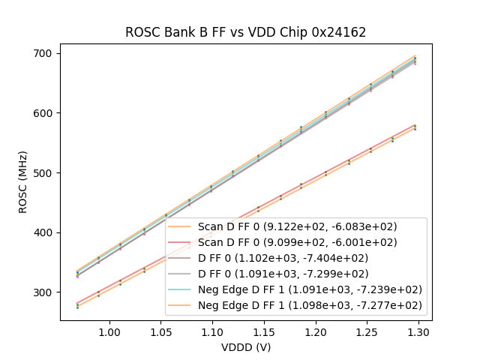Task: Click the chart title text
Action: click(x=246, y=32)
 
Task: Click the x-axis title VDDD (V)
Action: click(x=246, y=347)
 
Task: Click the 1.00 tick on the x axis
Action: click(x=109, y=331)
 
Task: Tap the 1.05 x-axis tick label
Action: click(x=161, y=331)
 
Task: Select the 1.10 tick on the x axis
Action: click(x=212, y=331)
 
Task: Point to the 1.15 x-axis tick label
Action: click(x=264, y=331)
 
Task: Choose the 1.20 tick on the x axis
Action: click(x=315, y=331)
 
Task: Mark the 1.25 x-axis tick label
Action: click(x=367, y=331)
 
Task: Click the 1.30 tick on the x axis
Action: click(x=418, y=331)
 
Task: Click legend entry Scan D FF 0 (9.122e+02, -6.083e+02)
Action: click(x=297, y=226)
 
